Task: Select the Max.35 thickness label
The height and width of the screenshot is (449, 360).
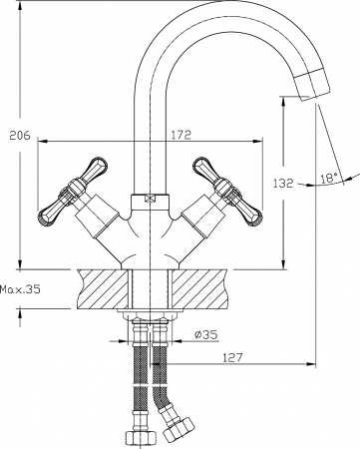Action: pos(20,290)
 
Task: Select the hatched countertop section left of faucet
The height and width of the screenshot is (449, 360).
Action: pos(100,287)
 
